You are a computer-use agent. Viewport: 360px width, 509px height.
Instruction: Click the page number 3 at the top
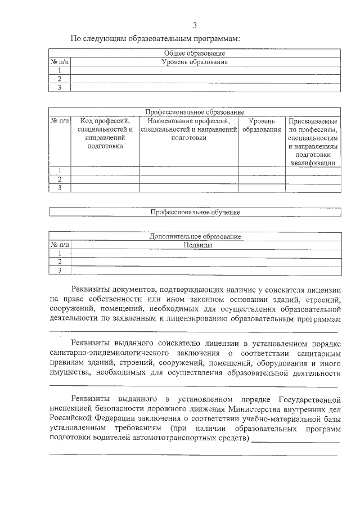(194, 25)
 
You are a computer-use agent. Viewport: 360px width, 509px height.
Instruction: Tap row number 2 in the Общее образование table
(59, 79)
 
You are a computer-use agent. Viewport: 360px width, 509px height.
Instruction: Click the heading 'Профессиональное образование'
(195, 112)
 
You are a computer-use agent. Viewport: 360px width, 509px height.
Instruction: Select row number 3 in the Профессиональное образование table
(59, 188)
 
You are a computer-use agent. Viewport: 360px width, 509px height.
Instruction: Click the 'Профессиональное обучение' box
(195, 212)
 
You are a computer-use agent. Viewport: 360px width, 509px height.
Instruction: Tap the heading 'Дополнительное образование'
(195, 236)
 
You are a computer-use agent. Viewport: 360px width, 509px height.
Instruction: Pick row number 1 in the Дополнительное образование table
(59, 253)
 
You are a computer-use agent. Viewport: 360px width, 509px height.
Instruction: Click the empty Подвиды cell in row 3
(205, 271)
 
